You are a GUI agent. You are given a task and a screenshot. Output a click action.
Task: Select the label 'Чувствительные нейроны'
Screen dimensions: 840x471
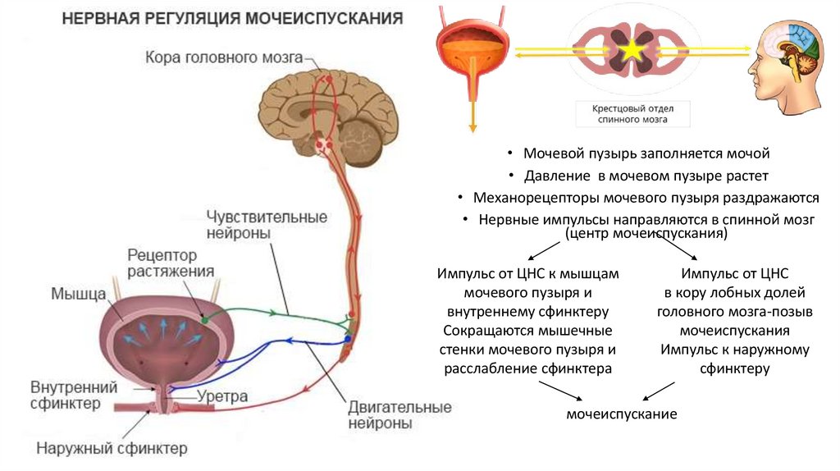(x=267, y=225)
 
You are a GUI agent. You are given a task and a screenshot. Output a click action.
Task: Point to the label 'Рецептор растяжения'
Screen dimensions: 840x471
(x=171, y=263)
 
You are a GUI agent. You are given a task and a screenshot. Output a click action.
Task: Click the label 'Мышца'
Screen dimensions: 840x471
(x=79, y=293)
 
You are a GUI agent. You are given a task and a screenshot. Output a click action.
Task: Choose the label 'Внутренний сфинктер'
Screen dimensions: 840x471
(x=74, y=395)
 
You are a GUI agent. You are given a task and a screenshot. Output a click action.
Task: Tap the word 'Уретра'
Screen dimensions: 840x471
(x=221, y=396)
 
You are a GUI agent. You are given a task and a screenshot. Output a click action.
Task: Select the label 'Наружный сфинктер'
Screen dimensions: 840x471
(x=112, y=448)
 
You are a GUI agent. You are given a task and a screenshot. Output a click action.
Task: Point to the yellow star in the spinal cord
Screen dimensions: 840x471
(x=632, y=51)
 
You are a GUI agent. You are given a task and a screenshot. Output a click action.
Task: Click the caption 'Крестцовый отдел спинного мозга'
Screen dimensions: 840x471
(x=631, y=113)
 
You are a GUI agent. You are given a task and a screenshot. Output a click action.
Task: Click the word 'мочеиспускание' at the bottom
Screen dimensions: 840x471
(x=621, y=414)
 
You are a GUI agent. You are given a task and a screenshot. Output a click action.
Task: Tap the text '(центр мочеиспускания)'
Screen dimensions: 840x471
(x=646, y=234)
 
